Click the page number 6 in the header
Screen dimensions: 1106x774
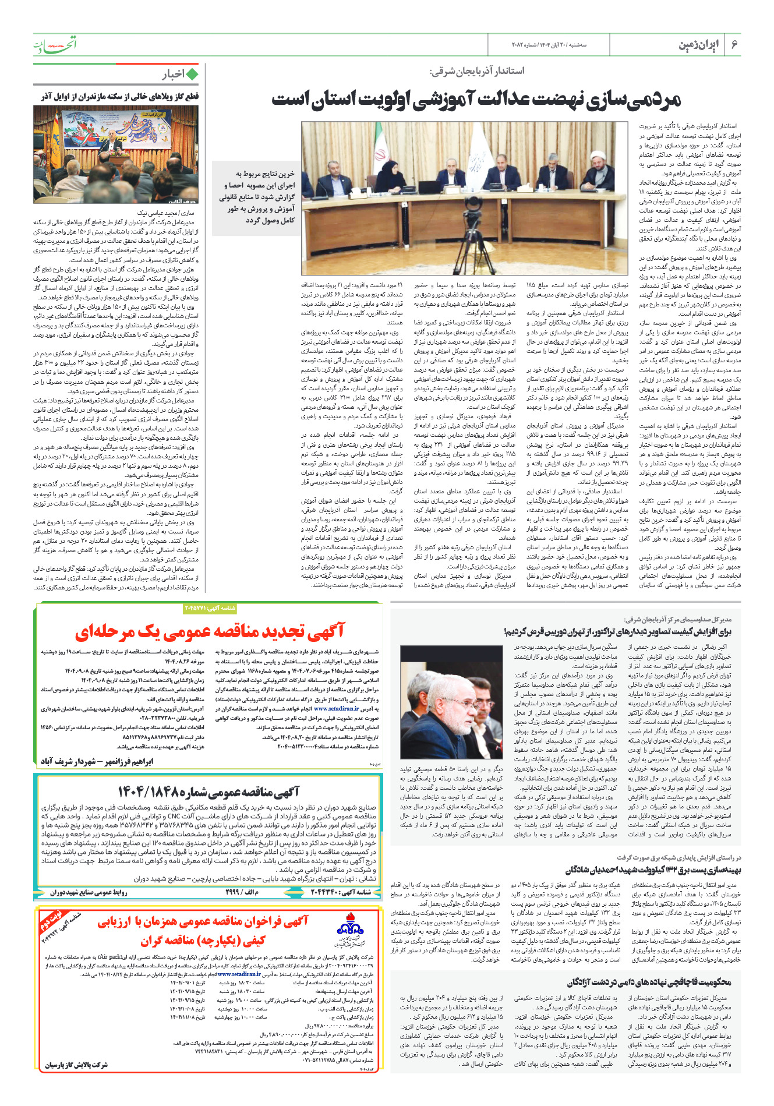click(x=734, y=44)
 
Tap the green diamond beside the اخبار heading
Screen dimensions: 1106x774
click(x=193, y=74)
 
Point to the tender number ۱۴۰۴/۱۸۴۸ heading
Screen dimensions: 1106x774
click(x=208, y=791)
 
